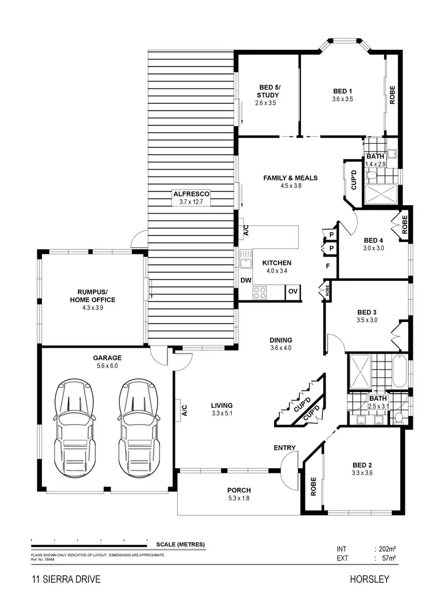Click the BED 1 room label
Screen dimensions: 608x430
[342, 91]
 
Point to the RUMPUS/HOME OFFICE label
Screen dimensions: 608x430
[92, 296]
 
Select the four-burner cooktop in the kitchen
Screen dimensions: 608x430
[260, 292]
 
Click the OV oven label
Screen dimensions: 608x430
[292, 292]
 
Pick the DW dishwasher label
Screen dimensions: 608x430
[246, 281]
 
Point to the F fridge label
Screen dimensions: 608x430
[328, 266]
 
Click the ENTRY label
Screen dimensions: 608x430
[284, 448]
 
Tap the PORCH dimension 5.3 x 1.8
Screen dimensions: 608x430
[239, 498]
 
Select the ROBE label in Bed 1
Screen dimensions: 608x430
[393, 95]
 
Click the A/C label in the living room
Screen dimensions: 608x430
[185, 410]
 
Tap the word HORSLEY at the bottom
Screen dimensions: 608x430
[369, 579]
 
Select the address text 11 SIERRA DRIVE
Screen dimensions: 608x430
[66, 579]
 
